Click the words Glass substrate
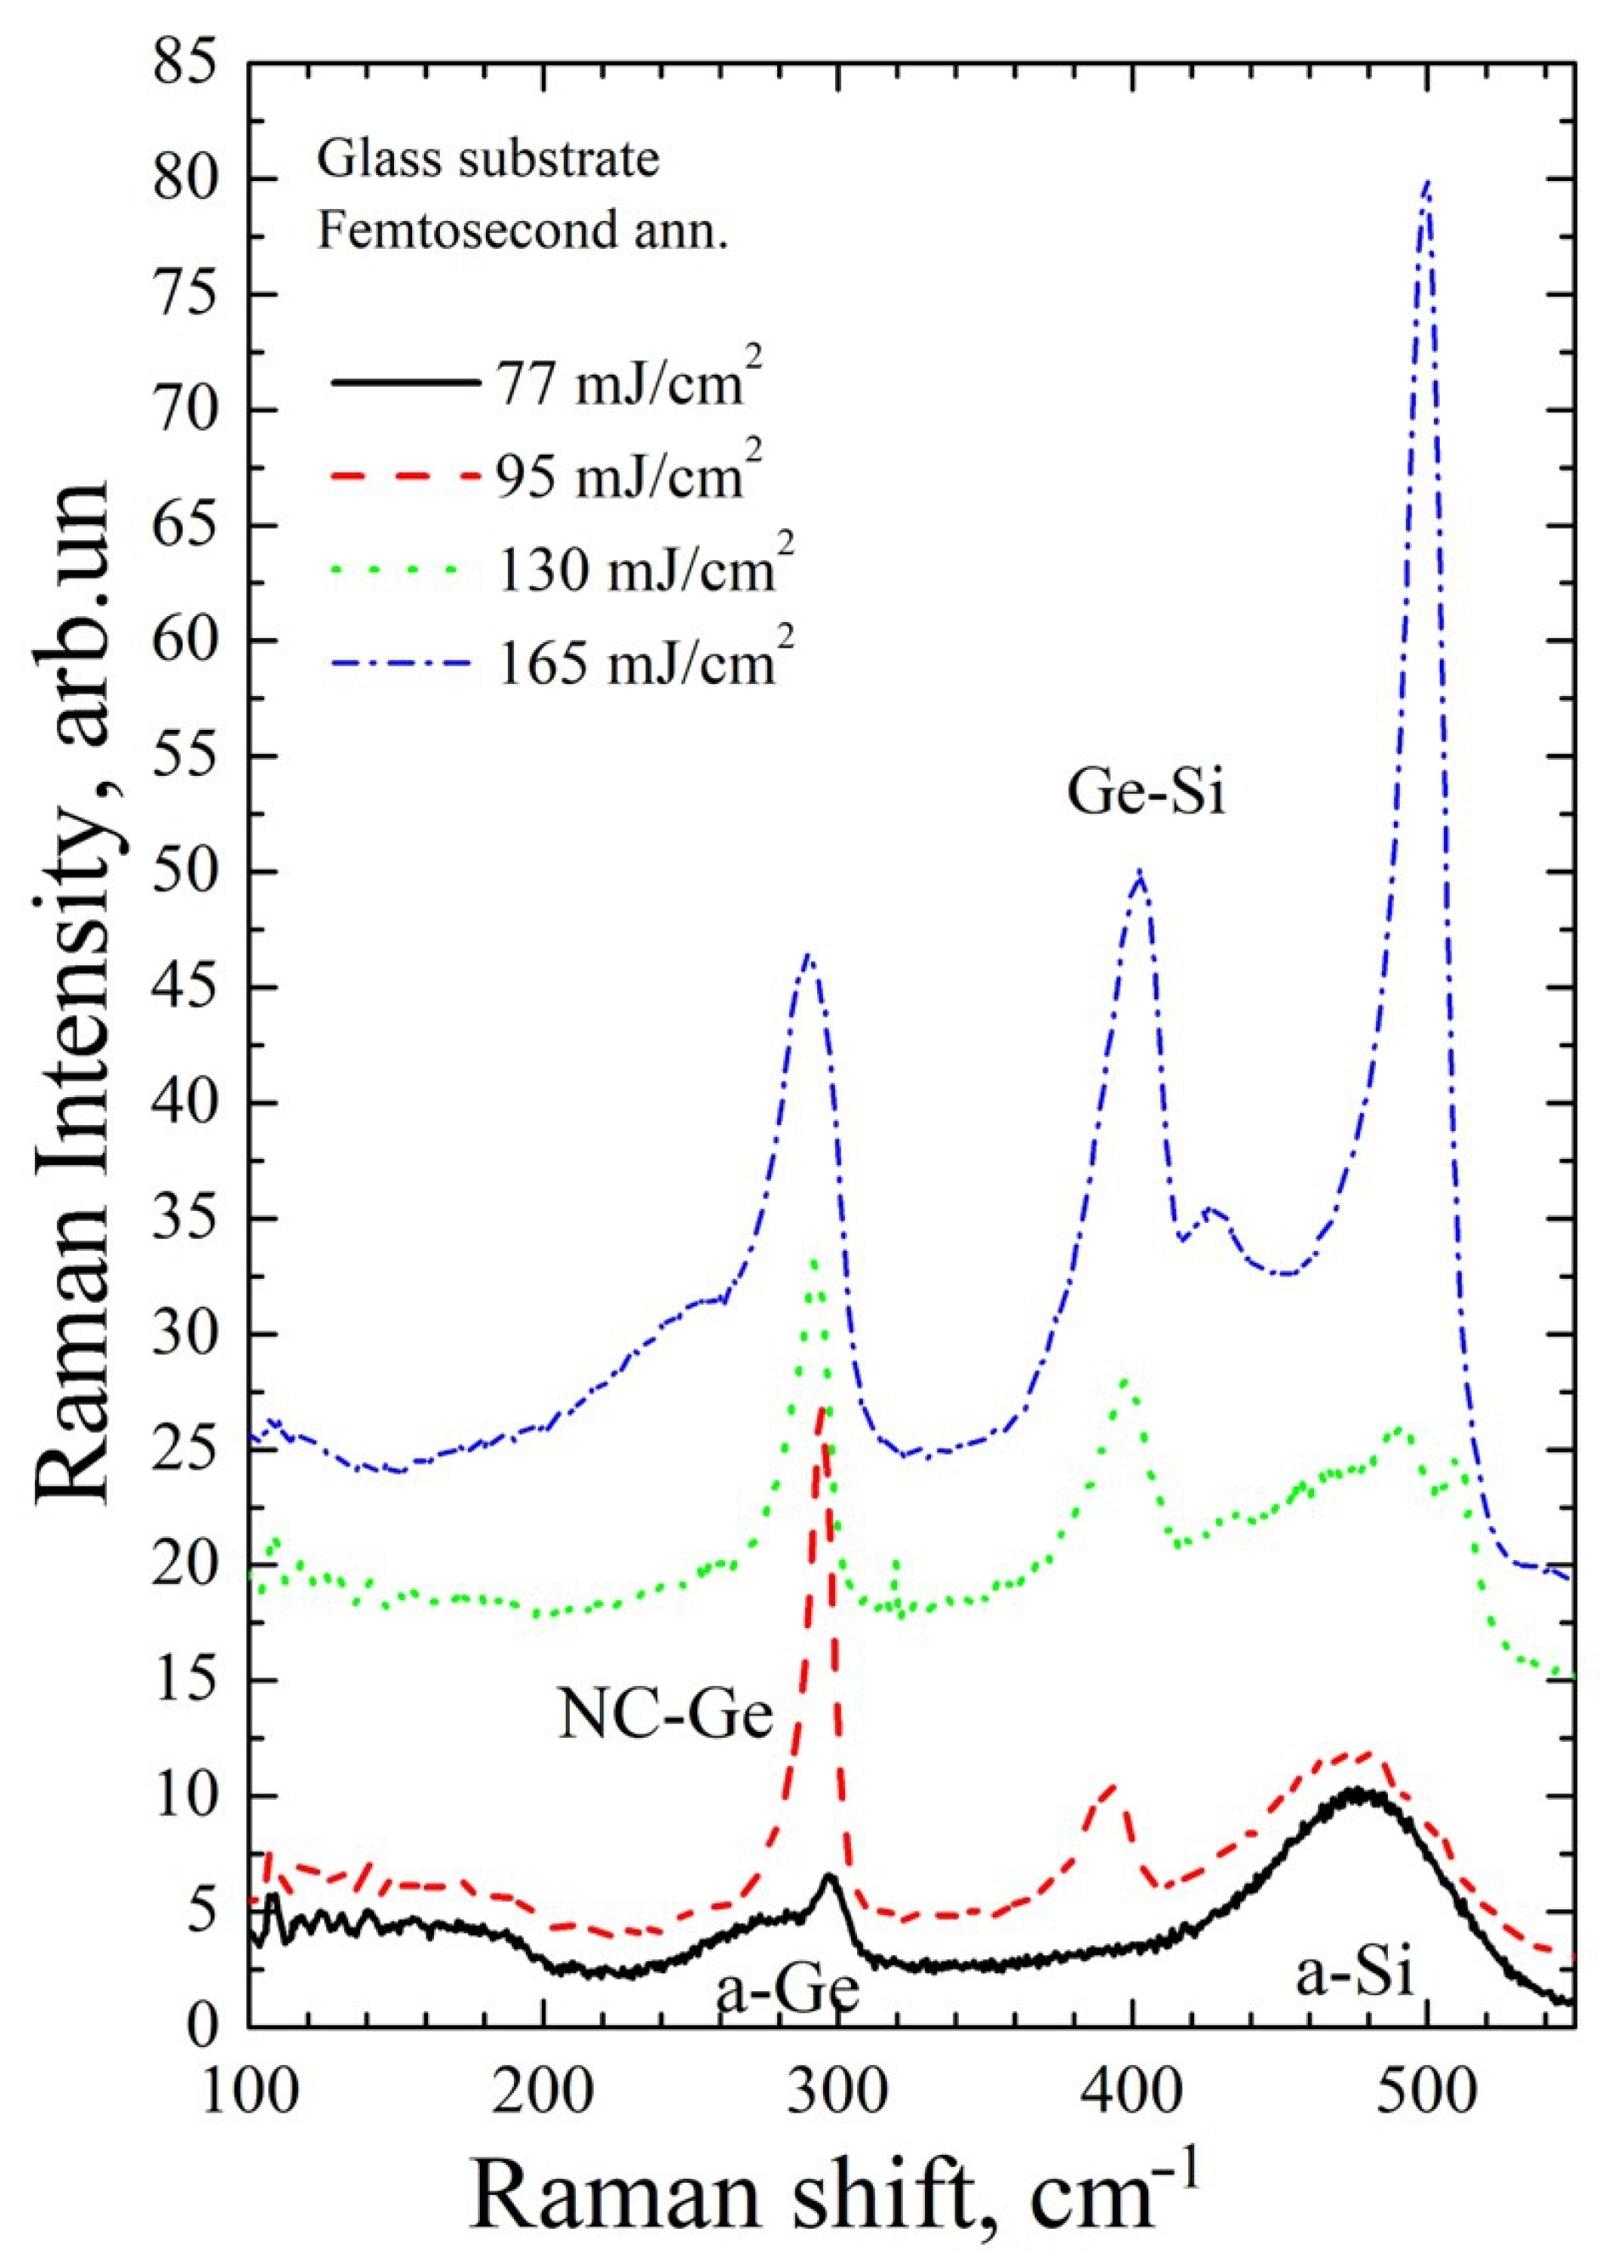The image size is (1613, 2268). click(x=488, y=161)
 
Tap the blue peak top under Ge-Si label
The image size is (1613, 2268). click(x=1140, y=874)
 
